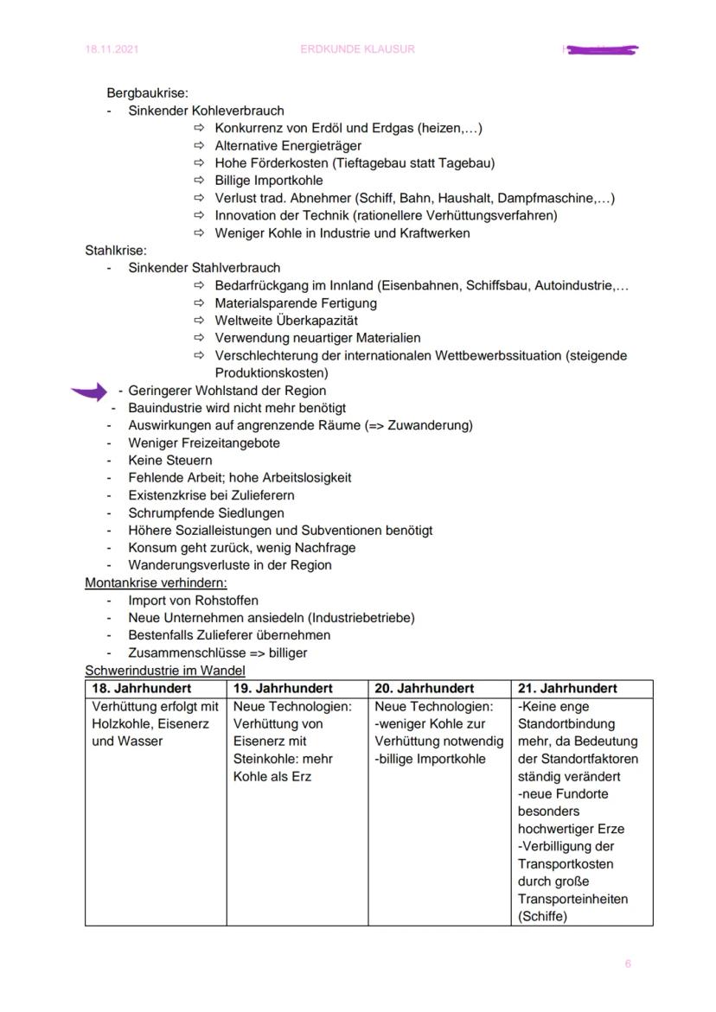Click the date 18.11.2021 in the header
(110, 49)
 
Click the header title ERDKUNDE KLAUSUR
(357, 49)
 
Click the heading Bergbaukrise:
(147, 92)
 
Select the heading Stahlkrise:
(116, 251)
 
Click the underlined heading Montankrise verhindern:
(156, 582)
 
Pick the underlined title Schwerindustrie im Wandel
(165, 671)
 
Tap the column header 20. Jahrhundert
(425, 689)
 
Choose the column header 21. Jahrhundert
(567, 689)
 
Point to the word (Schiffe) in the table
(542, 917)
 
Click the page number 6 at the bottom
(628, 964)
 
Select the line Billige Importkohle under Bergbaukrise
(269, 181)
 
